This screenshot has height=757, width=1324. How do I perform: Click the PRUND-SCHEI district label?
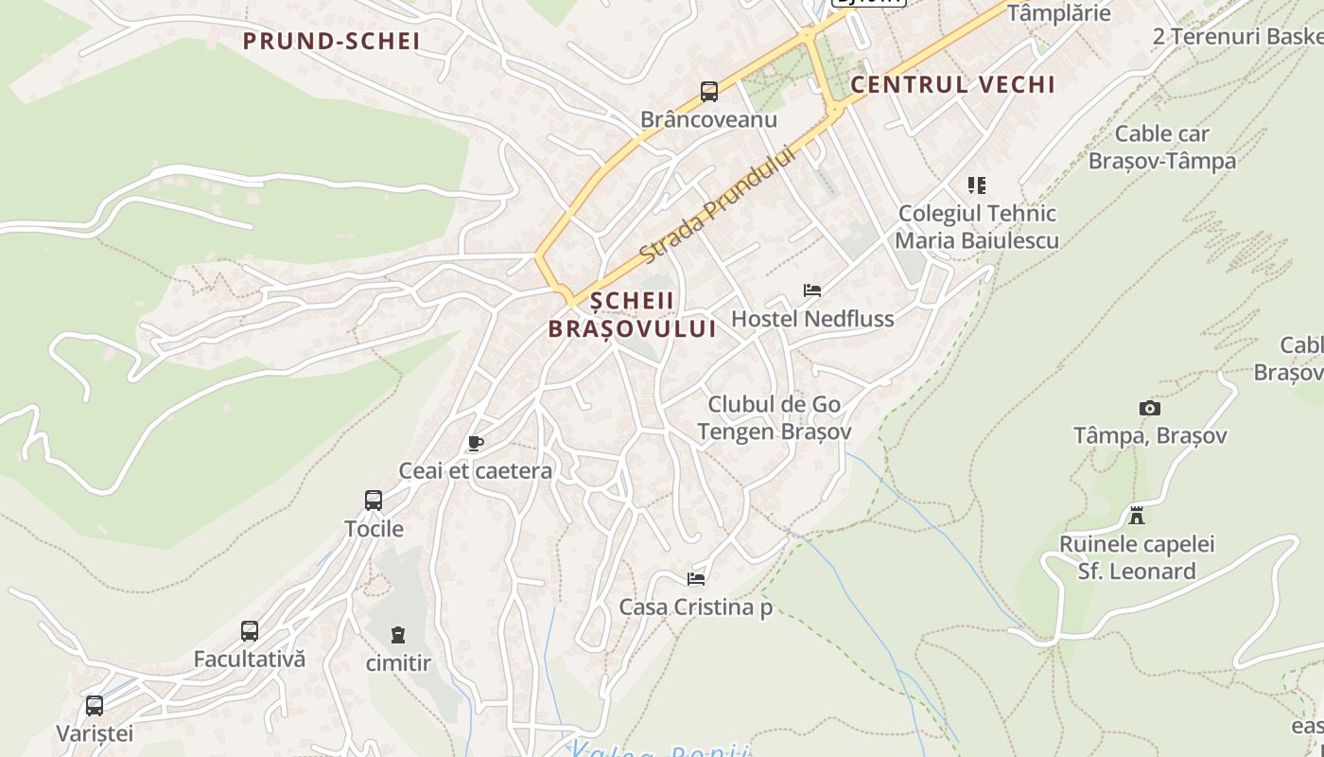pos(331,42)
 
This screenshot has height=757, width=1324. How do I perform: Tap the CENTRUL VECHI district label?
pos(952,84)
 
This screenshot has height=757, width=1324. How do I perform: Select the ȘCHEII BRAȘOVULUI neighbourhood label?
pos(632,315)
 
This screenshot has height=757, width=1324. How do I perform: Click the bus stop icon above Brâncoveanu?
pos(709,92)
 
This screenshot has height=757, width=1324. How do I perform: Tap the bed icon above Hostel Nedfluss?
pos(811,290)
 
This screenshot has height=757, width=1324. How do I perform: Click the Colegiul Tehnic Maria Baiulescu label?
pos(977,227)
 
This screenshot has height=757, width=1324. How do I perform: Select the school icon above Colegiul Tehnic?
pos(977,185)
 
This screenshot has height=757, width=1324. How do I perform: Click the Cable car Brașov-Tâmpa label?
pos(1162,147)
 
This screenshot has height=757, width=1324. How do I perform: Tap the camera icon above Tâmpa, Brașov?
pos(1150,409)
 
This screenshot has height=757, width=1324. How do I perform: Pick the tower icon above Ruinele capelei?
pos(1137,517)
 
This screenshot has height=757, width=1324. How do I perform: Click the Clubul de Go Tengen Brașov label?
pos(775,418)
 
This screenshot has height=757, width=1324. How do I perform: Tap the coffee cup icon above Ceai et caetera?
pos(476,443)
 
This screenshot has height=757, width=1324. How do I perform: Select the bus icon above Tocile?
pos(374,501)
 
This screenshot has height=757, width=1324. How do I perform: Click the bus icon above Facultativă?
pos(250,631)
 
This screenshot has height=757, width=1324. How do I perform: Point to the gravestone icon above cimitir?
pos(398,635)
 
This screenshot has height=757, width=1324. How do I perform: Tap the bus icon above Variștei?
pos(95,706)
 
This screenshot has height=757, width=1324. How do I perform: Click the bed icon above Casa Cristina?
pos(696,579)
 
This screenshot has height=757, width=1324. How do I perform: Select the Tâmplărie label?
pos(1058,13)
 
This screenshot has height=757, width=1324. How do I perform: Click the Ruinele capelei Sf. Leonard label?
pos(1137,558)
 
